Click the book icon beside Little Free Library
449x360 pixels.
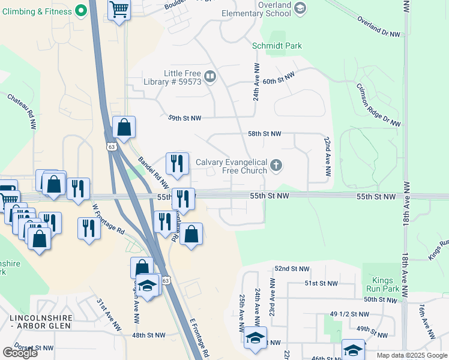point(210,76)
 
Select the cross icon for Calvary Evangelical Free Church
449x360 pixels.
point(276,165)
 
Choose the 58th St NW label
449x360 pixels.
point(264,134)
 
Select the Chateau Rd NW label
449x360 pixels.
point(22,110)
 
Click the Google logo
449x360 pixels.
point(20,353)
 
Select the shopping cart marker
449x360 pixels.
point(119,10)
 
